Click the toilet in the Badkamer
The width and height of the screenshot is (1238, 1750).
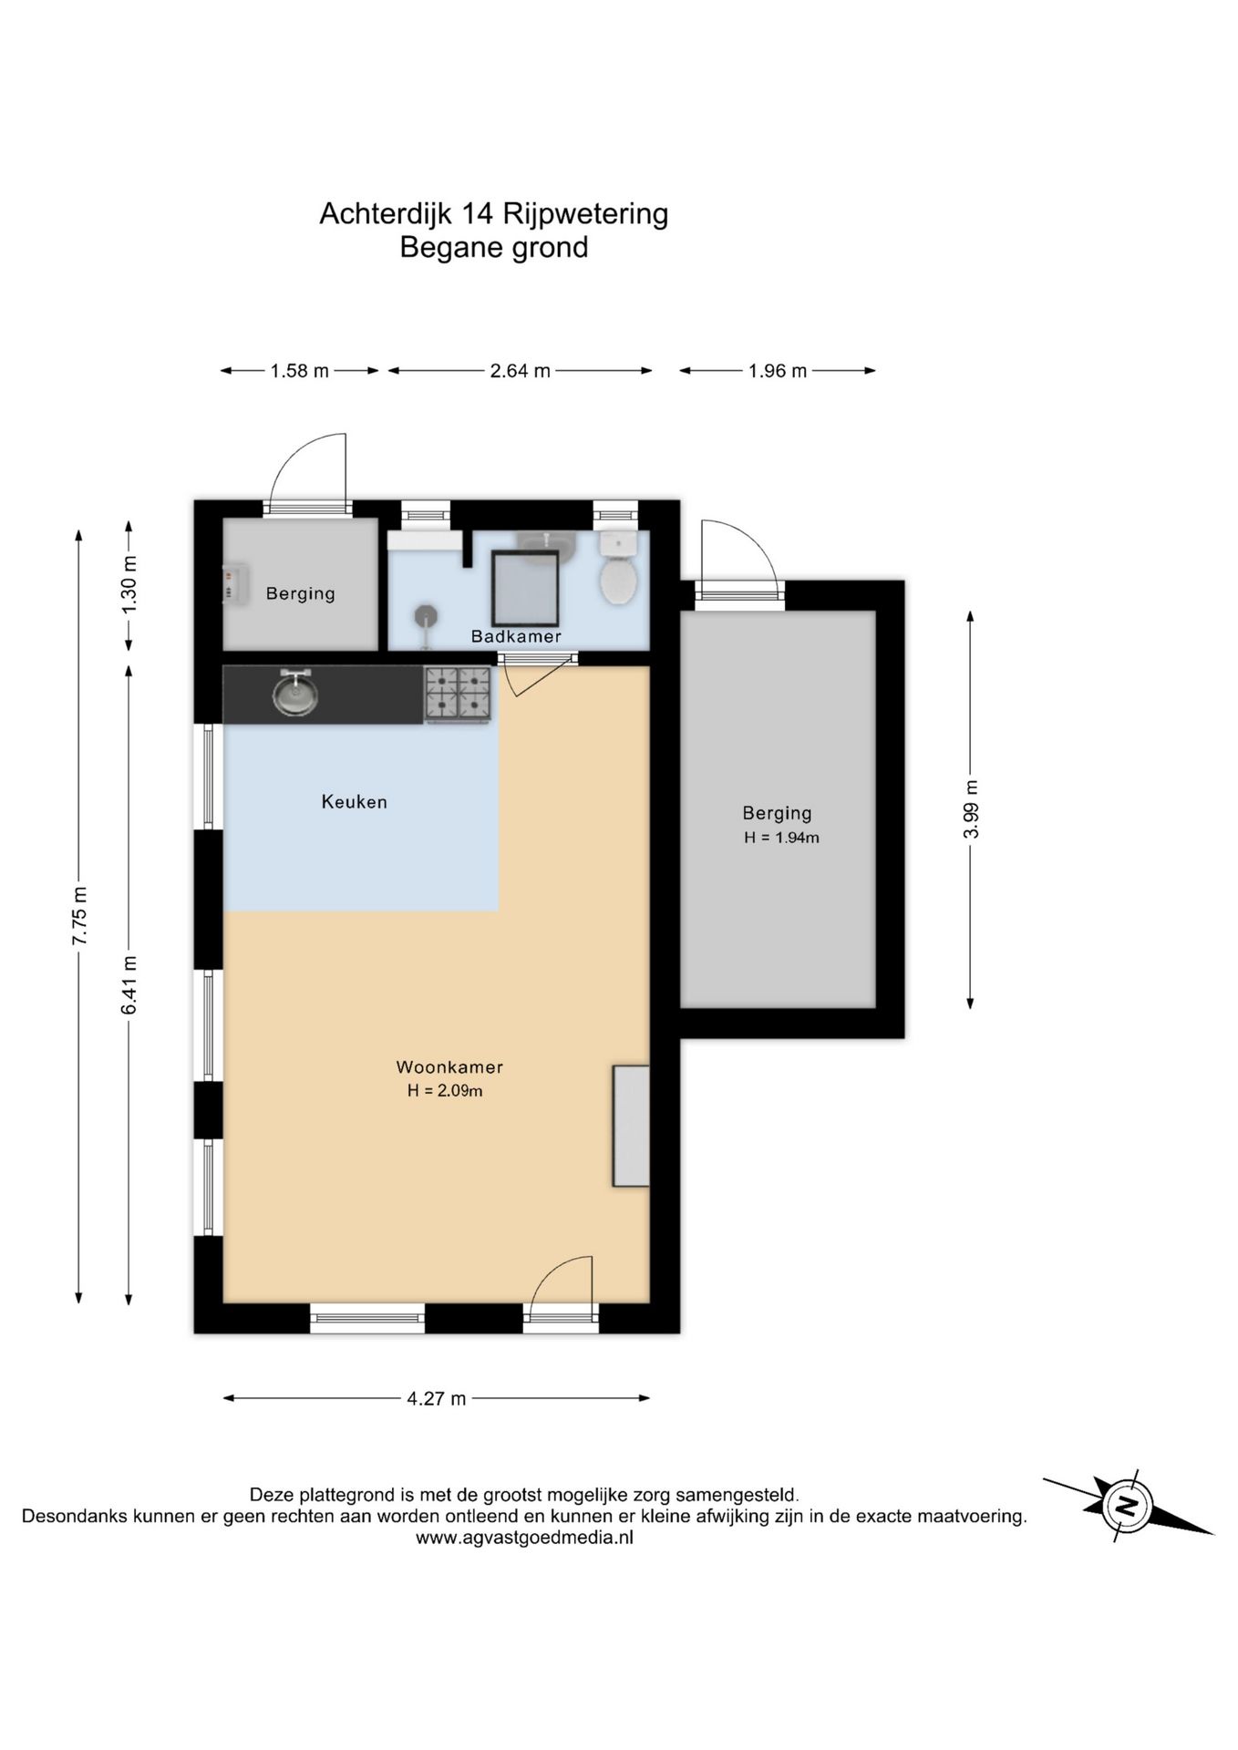[x=618, y=568]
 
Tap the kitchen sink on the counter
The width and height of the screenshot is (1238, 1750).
[x=294, y=694]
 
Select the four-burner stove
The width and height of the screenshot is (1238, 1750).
[x=458, y=695]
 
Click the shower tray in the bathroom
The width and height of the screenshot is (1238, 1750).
[x=525, y=589]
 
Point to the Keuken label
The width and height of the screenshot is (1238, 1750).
[x=355, y=802]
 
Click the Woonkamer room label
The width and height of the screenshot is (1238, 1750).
[x=449, y=1067]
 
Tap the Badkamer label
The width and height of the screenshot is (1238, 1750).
[x=516, y=636]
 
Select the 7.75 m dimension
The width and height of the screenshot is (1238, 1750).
[x=80, y=916]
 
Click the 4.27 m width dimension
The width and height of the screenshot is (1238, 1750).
[x=437, y=1398]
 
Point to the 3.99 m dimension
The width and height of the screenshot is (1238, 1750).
[x=972, y=809]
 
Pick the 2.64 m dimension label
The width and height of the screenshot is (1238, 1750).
[x=521, y=371]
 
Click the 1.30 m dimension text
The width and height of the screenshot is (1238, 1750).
[x=129, y=584]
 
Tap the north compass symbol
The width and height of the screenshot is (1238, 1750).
[x=1128, y=1504]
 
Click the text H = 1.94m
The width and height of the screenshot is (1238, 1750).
[x=781, y=838]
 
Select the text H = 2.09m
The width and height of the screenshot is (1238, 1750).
[x=445, y=1091]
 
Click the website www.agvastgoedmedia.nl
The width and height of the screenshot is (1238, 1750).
[x=524, y=1538]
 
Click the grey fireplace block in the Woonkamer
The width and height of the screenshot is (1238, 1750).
[x=631, y=1126]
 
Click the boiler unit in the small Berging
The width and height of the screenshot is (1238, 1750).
[x=235, y=583]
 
